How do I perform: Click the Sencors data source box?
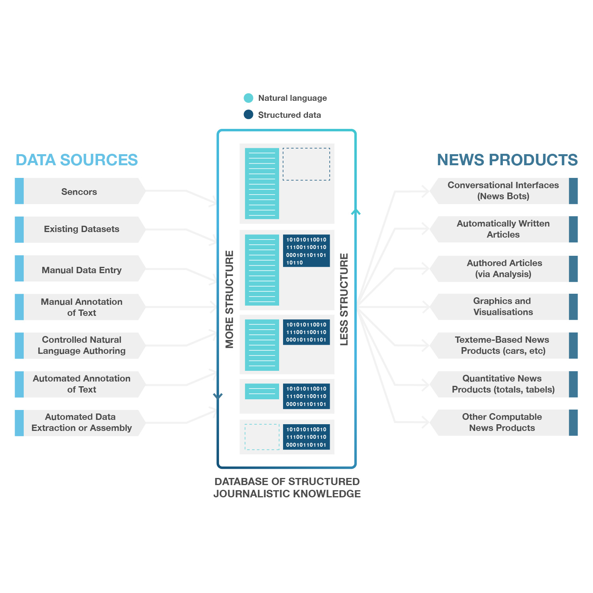(x=79, y=191)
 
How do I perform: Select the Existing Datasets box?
(x=81, y=229)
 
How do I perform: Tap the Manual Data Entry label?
(x=81, y=270)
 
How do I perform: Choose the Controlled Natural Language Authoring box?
(x=81, y=345)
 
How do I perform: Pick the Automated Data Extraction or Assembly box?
(x=81, y=423)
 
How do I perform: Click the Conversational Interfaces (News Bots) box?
(x=503, y=191)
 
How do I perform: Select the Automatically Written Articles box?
(x=503, y=229)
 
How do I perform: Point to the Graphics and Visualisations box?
(x=503, y=307)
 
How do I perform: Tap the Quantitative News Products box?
(x=503, y=384)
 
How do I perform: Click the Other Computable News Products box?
(x=502, y=423)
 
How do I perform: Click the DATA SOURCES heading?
(x=77, y=160)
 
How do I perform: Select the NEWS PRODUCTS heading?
(x=507, y=160)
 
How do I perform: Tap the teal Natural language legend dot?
(x=248, y=98)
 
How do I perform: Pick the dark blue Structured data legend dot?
(x=248, y=115)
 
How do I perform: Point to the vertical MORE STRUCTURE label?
(x=229, y=299)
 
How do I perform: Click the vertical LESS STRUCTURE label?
(x=344, y=299)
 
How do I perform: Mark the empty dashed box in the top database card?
(x=306, y=164)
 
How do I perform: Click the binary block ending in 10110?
(x=306, y=251)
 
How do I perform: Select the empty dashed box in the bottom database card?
(x=262, y=437)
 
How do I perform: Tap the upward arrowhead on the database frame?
(x=356, y=212)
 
